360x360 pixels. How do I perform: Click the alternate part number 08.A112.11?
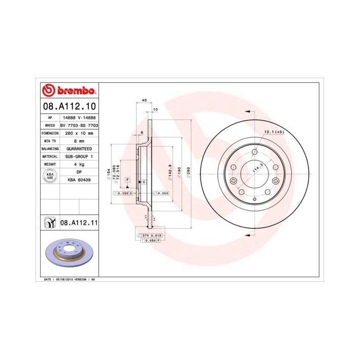(x=79, y=223)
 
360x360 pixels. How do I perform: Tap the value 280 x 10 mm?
(x=79, y=133)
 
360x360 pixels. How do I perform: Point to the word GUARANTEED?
(x=79, y=148)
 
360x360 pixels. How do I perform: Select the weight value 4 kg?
(x=79, y=164)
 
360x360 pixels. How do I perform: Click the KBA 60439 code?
(x=79, y=181)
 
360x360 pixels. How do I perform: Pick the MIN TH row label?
(x=50, y=140)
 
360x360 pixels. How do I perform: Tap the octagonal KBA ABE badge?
(x=50, y=176)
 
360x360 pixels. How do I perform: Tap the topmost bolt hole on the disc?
(x=254, y=151)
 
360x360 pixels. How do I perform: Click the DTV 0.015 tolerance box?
(x=151, y=235)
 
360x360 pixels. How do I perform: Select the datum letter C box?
(x=143, y=182)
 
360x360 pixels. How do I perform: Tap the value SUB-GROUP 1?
(x=79, y=156)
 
